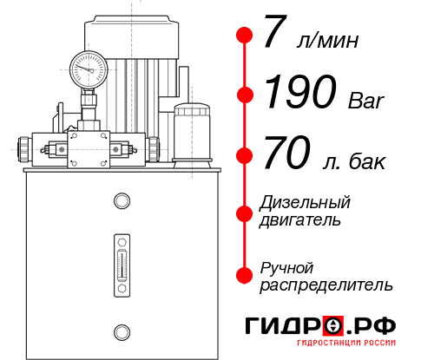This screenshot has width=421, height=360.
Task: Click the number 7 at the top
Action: (x=275, y=35)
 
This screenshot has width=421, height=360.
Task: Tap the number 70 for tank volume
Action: (x=286, y=156)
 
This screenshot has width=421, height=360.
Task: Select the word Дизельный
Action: (x=305, y=203)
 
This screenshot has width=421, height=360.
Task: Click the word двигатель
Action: (x=300, y=220)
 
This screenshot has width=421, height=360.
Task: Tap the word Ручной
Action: (x=286, y=266)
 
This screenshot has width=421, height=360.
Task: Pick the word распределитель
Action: (x=326, y=284)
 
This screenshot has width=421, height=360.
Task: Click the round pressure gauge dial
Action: (x=88, y=67)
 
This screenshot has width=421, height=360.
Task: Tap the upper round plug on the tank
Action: (x=121, y=201)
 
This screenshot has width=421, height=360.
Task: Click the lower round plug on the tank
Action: (x=121, y=330)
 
